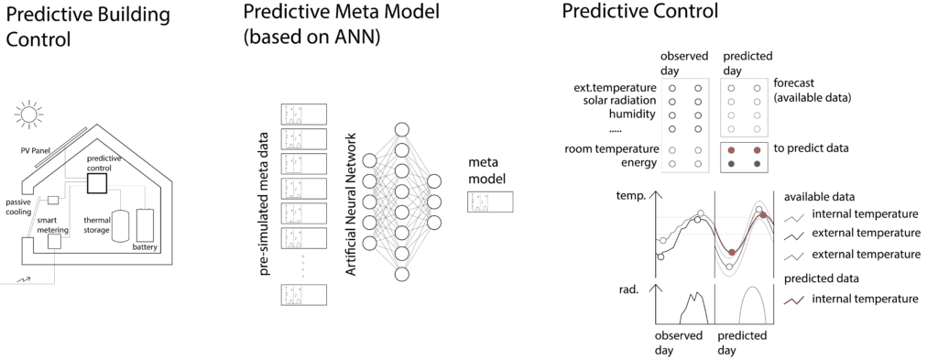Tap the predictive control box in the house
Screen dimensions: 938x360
97,181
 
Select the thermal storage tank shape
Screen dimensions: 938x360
122,225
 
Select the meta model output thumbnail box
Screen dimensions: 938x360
490,202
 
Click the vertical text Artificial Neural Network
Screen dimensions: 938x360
351,204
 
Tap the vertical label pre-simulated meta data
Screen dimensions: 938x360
266,204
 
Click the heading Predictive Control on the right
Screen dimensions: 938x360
639,11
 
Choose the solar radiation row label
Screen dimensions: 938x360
620,101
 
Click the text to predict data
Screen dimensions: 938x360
811,148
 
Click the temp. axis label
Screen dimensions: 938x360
630,195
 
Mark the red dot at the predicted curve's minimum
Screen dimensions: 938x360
732,252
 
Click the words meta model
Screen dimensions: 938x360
488,170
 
